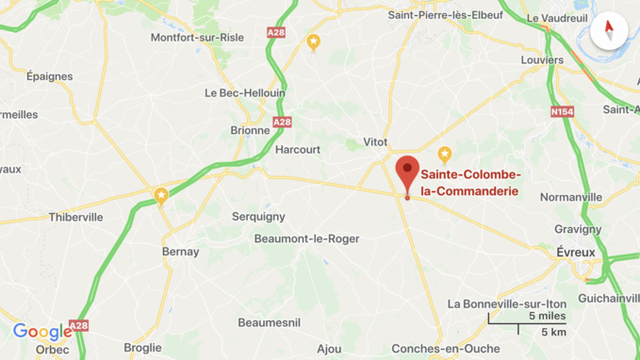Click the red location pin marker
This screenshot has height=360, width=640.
[x=407, y=172]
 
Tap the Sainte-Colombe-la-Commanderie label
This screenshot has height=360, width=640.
[x=470, y=183]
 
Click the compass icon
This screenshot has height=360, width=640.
[x=609, y=30]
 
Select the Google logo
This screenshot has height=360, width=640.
[x=42, y=332]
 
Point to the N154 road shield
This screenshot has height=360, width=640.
[x=562, y=112]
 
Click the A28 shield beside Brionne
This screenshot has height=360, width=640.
[x=282, y=123]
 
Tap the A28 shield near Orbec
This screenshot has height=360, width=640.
[x=79, y=326]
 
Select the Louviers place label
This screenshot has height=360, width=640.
[x=542, y=60]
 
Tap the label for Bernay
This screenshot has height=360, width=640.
[x=181, y=252]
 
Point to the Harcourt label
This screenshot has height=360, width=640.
[x=298, y=149]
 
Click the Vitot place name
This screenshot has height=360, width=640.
[x=375, y=142]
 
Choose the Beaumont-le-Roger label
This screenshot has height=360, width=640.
[x=306, y=238]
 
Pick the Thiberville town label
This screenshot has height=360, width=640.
[x=75, y=217]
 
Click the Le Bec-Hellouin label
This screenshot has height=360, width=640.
[x=245, y=93]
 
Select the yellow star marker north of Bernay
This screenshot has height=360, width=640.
[x=161, y=196]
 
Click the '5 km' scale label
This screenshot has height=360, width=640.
[x=554, y=332]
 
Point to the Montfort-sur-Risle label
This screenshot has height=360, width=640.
[x=197, y=38]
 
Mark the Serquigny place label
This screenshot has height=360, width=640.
[x=258, y=217]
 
